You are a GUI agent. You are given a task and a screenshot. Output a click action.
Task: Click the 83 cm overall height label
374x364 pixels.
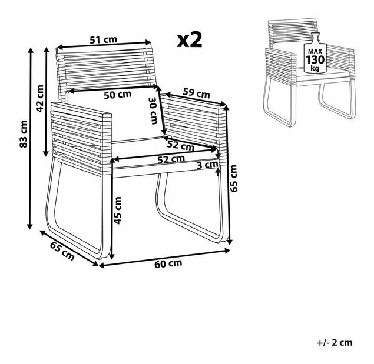click(x=24, y=134)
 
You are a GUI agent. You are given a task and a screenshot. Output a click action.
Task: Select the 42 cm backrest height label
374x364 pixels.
click(x=40, y=99)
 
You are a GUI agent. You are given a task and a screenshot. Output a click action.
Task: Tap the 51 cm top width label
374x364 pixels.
click(x=104, y=40)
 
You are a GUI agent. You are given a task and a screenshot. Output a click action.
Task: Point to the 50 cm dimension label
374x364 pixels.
click(x=118, y=95)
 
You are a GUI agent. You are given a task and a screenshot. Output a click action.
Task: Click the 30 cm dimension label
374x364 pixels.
click(x=153, y=111)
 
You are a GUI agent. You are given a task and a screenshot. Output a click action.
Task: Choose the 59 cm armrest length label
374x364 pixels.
click(x=196, y=93)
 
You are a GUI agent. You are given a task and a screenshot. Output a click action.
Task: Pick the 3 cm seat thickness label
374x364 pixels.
click(x=207, y=165)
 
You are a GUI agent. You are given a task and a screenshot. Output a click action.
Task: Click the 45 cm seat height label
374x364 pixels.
click(x=118, y=211)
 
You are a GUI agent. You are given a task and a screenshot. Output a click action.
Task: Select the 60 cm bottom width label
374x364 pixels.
click(x=168, y=263)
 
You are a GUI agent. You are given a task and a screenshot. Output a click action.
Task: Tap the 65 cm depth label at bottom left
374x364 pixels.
click(x=62, y=251)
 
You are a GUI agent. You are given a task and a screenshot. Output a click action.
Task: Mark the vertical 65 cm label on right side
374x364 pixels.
click(x=233, y=178)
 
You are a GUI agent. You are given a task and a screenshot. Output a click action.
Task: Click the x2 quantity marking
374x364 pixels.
click(x=190, y=40)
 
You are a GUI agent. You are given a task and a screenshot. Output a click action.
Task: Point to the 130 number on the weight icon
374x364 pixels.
click(x=315, y=60)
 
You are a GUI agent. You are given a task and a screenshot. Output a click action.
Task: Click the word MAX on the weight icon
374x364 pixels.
click(x=315, y=51)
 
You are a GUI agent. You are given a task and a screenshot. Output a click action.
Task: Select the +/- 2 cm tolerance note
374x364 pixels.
click(x=335, y=343)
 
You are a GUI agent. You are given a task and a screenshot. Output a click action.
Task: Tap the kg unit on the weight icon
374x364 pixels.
click(x=315, y=69)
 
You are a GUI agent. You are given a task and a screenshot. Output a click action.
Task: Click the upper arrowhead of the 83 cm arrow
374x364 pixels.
click(x=30, y=51)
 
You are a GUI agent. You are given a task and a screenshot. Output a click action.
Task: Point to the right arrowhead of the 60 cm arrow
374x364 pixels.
click(x=227, y=251)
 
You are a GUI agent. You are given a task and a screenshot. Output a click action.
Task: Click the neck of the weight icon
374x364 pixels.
click(x=315, y=38)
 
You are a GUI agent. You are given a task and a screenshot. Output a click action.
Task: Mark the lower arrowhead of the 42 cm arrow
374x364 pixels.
click(x=46, y=153)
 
